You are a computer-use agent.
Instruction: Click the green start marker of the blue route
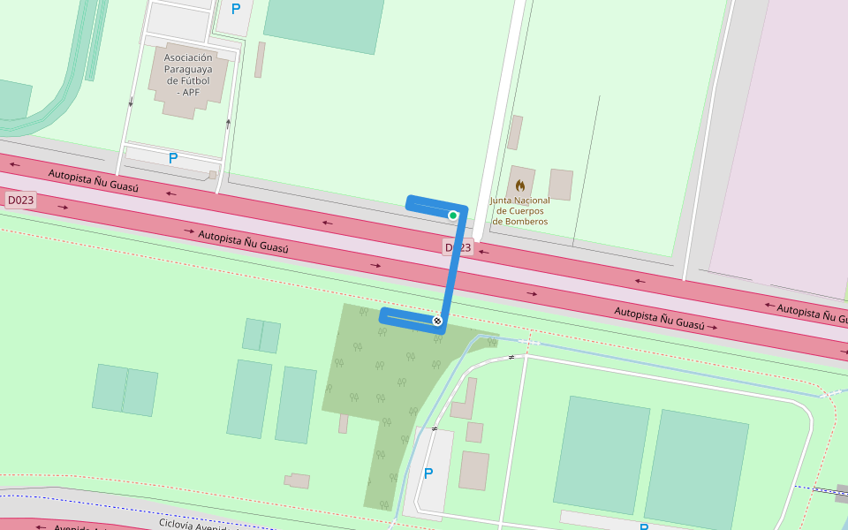(x=453, y=216)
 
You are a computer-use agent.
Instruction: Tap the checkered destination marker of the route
(x=436, y=321)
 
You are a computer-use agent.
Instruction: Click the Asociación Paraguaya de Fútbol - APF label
(x=187, y=74)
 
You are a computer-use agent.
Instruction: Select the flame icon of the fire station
(x=520, y=185)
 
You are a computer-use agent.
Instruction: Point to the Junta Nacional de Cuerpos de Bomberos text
(x=520, y=211)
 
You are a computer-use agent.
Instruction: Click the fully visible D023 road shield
(x=20, y=201)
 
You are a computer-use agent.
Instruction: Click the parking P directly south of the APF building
(x=173, y=159)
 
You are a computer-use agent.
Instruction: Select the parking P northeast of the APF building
(x=235, y=10)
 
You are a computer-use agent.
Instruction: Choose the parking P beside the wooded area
(x=428, y=473)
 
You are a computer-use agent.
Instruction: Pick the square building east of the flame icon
(x=560, y=185)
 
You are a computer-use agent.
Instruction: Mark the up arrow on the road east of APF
(x=228, y=124)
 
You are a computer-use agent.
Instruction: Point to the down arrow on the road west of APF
(x=131, y=102)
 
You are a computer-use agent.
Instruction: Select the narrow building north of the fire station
(x=514, y=132)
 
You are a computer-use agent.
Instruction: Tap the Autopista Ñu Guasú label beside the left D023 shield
(x=93, y=181)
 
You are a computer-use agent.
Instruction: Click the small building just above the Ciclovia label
(x=299, y=481)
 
